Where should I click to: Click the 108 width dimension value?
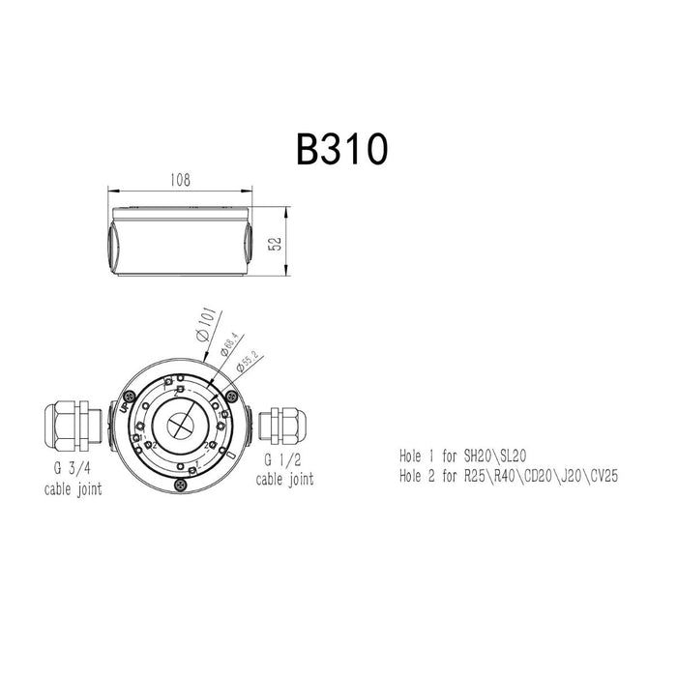180,180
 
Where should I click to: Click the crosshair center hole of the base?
181,426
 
